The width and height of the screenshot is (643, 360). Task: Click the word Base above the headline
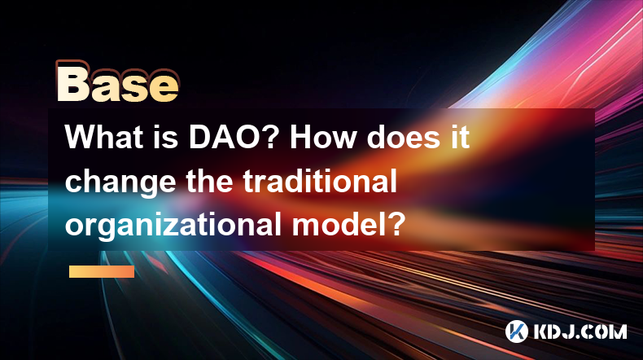[118, 81]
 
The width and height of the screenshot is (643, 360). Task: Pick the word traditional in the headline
[320, 181]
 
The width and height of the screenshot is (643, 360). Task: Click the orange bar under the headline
[102, 271]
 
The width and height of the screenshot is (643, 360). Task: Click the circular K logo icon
[516, 331]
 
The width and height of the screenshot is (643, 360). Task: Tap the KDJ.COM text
[580, 331]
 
